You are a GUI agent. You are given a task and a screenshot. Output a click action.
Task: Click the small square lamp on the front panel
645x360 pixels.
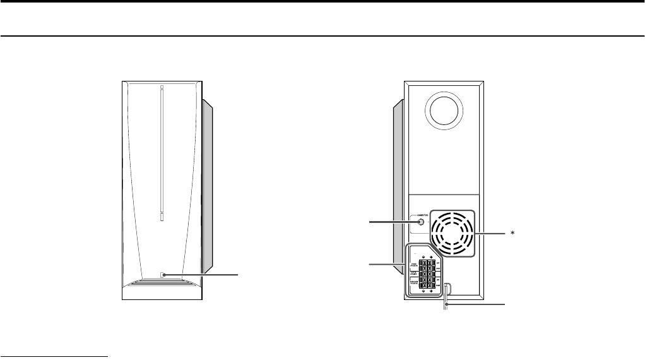163,275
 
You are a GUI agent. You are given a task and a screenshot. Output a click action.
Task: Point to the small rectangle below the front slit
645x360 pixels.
161,216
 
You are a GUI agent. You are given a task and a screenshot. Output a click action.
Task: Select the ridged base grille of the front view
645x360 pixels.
162,285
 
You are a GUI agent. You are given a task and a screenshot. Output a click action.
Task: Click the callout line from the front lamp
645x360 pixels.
202,275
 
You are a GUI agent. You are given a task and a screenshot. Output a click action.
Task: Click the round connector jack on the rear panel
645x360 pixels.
420,222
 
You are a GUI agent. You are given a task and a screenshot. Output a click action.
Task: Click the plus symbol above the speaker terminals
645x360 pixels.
431,256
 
